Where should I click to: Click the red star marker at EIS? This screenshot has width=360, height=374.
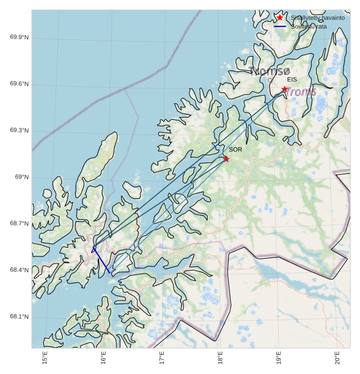click(x=285, y=89)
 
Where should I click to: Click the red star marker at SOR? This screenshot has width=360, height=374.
click(x=226, y=159)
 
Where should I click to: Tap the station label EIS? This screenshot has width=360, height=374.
click(x=292, y=80)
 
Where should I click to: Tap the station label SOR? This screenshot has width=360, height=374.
click(x=235, y=149)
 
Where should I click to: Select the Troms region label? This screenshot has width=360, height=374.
click(x=301, y=92)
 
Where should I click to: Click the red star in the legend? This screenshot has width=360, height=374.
click(x=280, y=18)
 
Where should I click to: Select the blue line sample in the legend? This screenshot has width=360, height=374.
click(x=280, y=26)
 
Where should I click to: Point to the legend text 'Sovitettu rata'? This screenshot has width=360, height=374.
click(x=309, y=26)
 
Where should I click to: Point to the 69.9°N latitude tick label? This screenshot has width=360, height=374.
click(x=19, y=37)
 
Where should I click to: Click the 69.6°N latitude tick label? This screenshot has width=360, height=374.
click(x=19, y=84)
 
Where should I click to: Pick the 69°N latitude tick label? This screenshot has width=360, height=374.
click(x=22, y=177)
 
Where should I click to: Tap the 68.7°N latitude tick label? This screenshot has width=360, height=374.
click(x=19, y=224)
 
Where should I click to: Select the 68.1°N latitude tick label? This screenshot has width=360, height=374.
click(x=19, y=317)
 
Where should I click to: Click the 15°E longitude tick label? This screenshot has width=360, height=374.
click(x=45, y=358)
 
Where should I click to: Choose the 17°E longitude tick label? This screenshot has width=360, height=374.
click(x=162, y=358)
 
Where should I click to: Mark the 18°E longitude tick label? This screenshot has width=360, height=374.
click(x=220, y=358)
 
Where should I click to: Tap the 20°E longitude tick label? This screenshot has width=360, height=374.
click(x=337, y=358)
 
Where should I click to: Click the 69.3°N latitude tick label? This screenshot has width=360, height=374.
click(x=19, y=131)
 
